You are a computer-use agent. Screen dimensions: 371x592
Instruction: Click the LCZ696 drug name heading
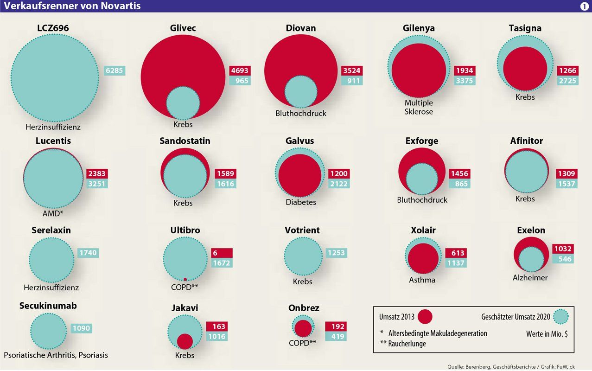coord(53,28)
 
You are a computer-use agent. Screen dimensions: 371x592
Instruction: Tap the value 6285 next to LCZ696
coord(115,71)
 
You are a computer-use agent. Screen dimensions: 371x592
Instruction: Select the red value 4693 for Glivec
coord(240,71)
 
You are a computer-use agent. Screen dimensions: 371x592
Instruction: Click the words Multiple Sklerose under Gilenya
coord(419,107)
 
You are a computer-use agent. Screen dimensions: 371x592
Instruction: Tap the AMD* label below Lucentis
coord(53,214)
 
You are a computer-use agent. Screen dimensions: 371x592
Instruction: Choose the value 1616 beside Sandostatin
coord(226,184)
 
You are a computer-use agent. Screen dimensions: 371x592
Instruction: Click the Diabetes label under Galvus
coord(301,202)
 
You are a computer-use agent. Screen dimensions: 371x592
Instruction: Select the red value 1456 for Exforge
coord(459,173)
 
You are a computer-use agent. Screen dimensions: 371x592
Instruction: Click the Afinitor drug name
coord(526,141)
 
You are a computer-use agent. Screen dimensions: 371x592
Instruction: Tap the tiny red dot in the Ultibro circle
coord(185,280)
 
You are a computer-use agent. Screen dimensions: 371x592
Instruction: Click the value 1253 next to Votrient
coord(336,253)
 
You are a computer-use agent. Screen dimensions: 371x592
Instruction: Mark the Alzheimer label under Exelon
coord(530,278)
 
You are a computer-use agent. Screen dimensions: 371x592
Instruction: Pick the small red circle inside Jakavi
coord(185,341)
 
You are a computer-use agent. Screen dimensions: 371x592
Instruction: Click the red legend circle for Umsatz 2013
coord(425,317)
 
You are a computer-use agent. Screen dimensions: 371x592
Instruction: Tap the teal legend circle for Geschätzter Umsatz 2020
coord(561,317)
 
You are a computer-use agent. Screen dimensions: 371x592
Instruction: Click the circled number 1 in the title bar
coord(584,6)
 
